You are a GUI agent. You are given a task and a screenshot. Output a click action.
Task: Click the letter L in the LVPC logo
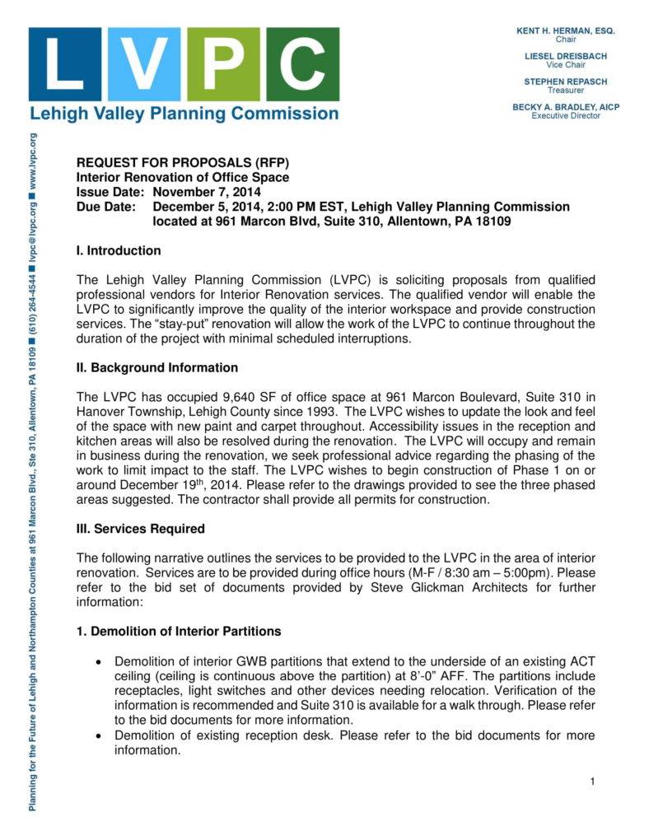[65, 64]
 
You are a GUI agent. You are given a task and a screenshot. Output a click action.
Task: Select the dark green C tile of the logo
[302, 64]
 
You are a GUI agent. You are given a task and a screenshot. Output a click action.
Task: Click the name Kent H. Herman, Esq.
[565, 30]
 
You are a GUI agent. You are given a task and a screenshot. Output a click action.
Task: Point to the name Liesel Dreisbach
[565, 56]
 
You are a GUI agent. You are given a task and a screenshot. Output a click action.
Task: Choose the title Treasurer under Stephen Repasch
[565, 91]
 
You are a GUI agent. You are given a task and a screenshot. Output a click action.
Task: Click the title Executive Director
[565, 116]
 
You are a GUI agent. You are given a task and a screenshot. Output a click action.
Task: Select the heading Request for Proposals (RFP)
[183, 162]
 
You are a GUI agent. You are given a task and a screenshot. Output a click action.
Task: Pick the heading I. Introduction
[119, 250]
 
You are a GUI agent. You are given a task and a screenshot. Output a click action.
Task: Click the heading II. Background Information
[157, 367]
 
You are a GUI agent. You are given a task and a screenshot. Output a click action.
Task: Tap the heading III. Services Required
[140, 529]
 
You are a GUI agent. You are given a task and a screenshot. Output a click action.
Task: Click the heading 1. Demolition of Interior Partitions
[179, 632]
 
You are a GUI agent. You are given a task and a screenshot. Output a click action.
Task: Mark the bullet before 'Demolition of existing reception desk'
[100, 735]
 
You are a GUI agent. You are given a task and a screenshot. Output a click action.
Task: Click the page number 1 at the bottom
[592, 781]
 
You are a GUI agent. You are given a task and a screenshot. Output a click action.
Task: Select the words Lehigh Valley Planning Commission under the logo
[184, 114]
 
